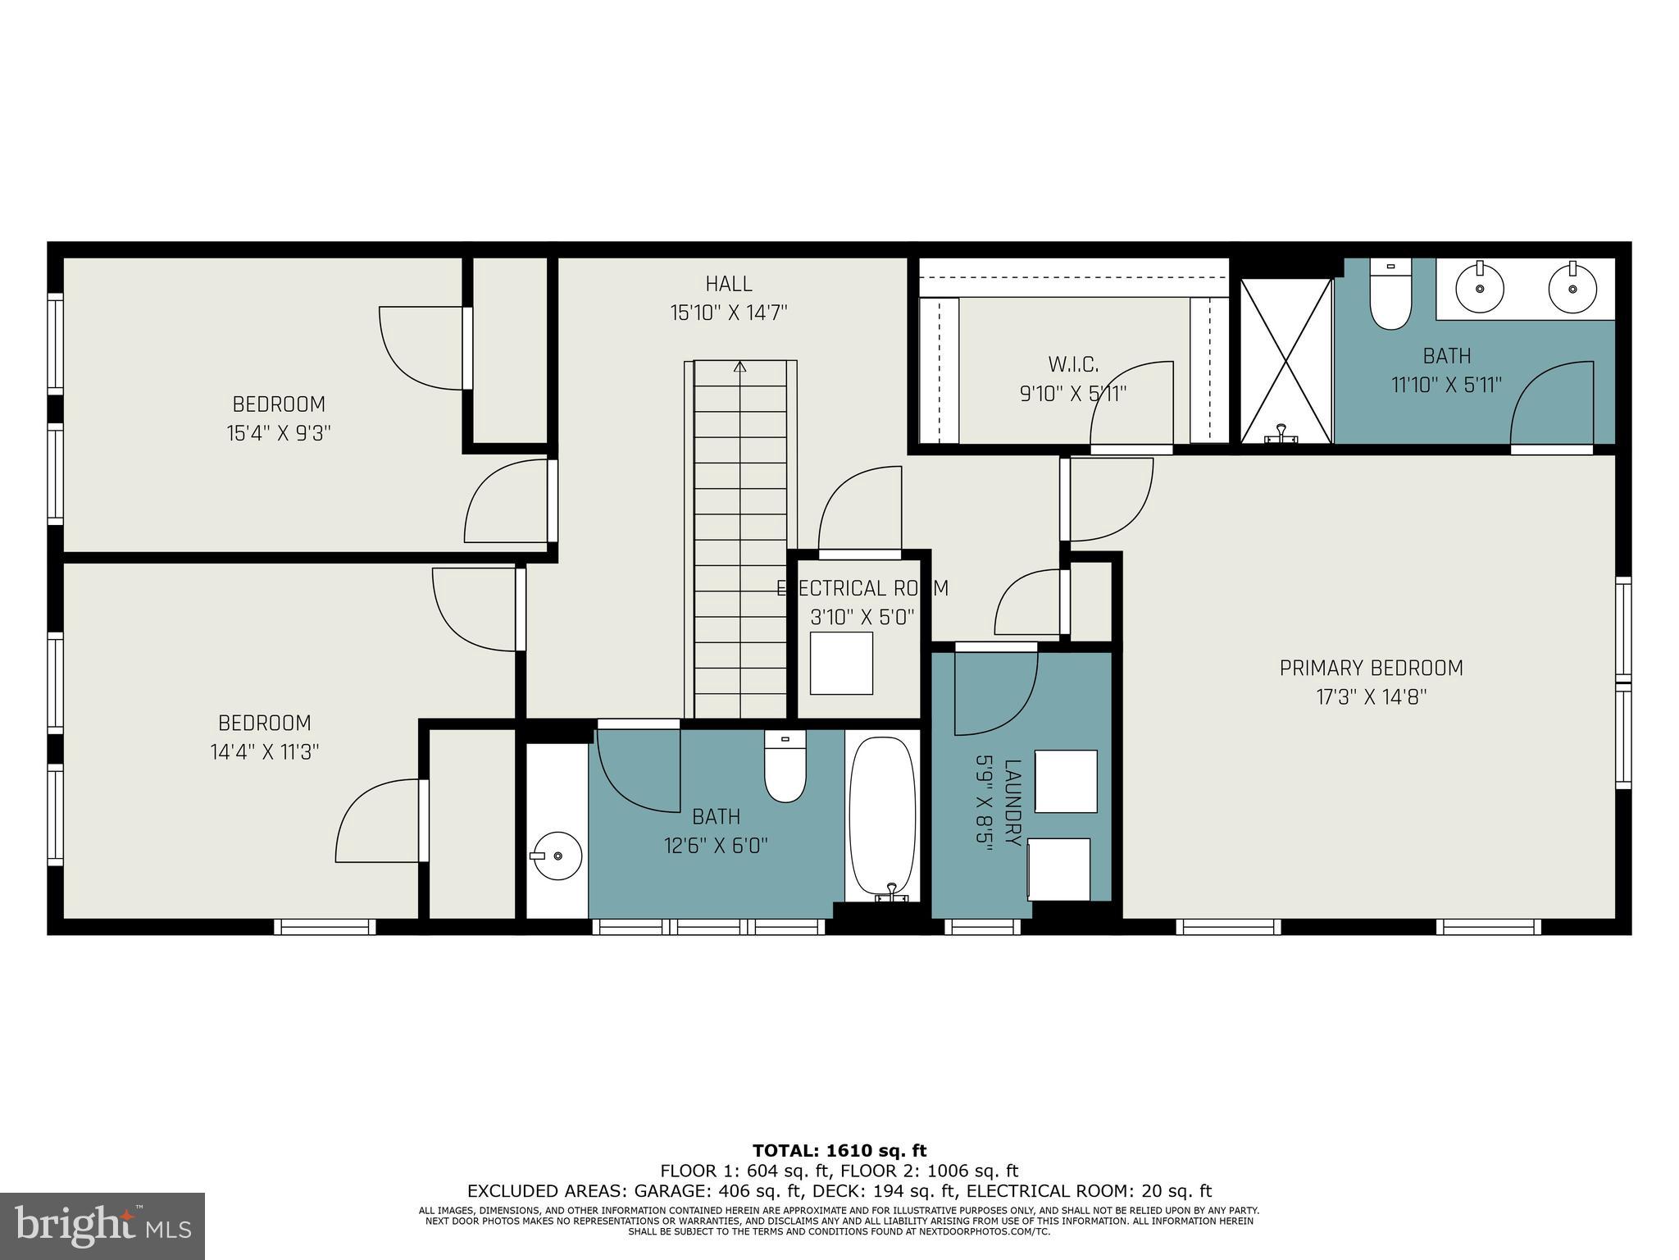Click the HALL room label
[x=728, y=284]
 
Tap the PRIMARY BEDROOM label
[x=1371, y=668]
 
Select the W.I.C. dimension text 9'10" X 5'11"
[x=1072, y=394]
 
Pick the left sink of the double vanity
[x=1480, y=288]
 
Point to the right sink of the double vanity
[x=1572, y=288]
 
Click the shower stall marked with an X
[x=1285, y=361]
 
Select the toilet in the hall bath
[x=785, y=767]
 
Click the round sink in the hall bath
[x=557, y=856]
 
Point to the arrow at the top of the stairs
[x=740, y=367]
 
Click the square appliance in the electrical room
[x=841, y=663]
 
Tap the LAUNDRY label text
[x=1013, y=804]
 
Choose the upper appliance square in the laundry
[x=1066, y=781]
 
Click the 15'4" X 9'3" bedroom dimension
[x=279, y=433]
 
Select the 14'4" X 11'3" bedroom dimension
[x=264, y=751]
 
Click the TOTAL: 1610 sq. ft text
[x=839, y=1151]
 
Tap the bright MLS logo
[x=102, y=1226]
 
